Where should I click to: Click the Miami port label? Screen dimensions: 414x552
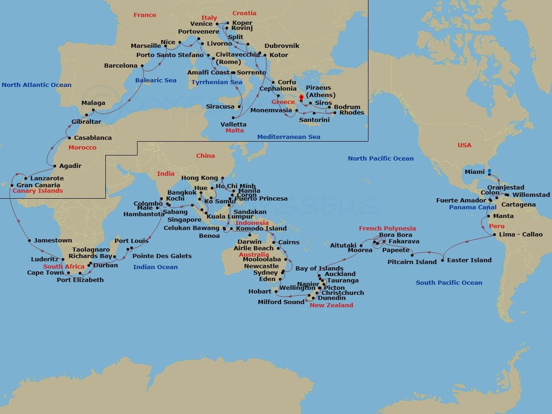point(474,172)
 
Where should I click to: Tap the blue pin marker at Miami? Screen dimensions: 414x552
point(489,172)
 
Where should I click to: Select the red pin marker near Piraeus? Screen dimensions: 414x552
point(301,97)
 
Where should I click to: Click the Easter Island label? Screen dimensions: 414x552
point(469,260)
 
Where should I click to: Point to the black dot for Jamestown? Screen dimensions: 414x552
point(30,240)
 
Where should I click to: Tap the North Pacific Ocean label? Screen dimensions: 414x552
point(380,158)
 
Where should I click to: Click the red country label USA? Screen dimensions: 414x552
point(464,145)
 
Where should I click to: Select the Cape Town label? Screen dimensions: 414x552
point(46,272)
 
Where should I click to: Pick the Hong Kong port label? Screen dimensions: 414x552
point(199,178)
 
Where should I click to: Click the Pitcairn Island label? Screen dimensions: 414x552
point(412,262)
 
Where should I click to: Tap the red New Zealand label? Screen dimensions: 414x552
point(331,305)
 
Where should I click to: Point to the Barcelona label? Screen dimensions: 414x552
point(121,66)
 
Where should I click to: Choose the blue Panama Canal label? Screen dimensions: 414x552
point(472,207)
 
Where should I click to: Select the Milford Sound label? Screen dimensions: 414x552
point(281,302)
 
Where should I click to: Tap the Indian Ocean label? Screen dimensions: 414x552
point(155,267)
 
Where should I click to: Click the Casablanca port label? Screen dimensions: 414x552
point(92,138)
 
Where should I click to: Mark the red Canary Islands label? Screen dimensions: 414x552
point(37,190)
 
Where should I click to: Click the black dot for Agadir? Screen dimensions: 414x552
point(55,166)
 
